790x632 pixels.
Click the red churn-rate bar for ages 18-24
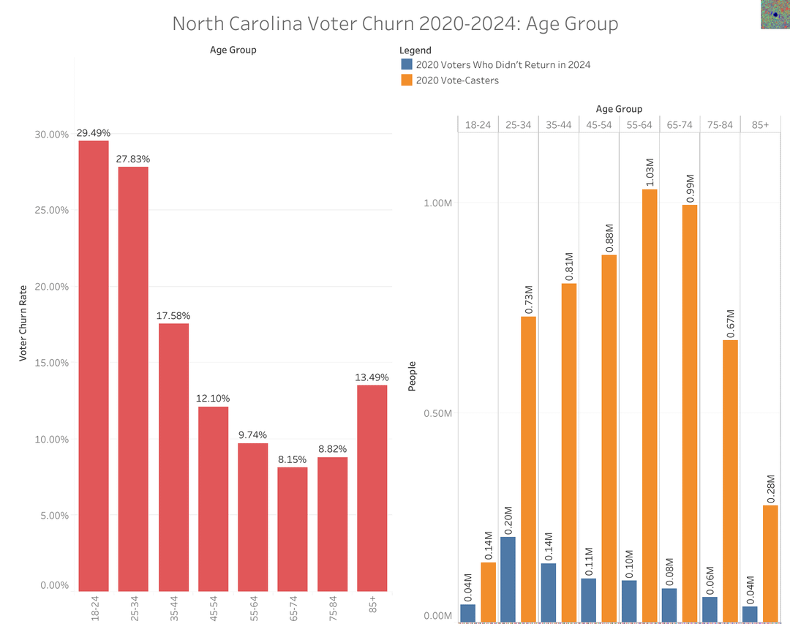click(94, 366)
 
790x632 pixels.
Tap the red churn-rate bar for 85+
click(372, 488)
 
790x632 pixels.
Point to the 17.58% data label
click(173, 316)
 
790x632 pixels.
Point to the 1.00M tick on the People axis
click(437, 203)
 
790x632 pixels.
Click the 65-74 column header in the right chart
click(680, 125)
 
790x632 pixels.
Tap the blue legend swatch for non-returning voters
click(406, 64)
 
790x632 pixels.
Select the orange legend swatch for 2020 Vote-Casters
click(406, 80)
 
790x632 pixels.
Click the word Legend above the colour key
click(415, 50)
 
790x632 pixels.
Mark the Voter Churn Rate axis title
click(23, 324)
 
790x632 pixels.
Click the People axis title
click(412, 376)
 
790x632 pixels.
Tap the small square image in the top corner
click(775, 14)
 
